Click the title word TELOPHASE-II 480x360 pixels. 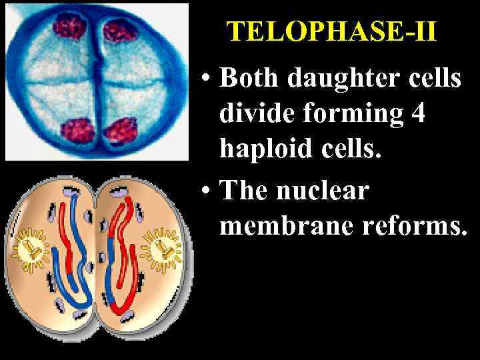coord(331,31)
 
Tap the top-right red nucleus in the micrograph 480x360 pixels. coord(121,29)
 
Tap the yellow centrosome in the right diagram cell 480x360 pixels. coord(163,249)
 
